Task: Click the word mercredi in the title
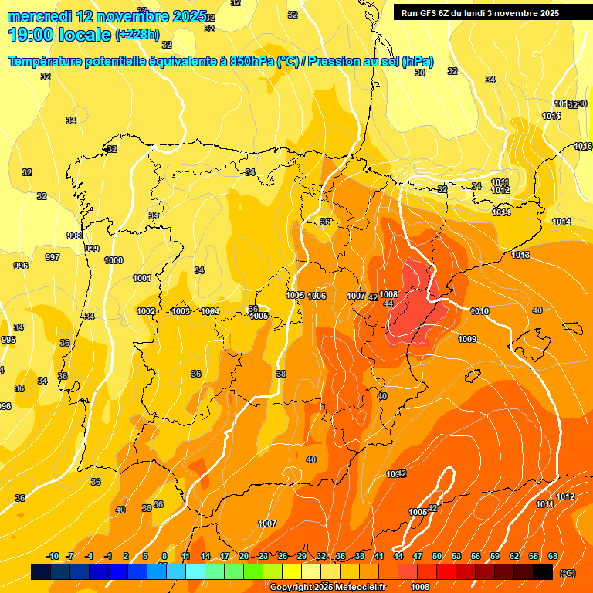[x=40, y=16]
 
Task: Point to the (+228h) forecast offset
[x=137, y=35]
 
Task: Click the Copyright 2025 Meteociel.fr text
[x=327, y=587]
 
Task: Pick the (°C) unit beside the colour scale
[x=568, y=573]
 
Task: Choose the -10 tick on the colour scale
[x=53, y=556]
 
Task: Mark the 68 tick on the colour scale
[x=553, y=556]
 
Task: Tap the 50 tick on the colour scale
[x=437, y=556]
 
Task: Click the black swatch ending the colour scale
[x=543, y=571]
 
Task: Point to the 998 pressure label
[x=74, y=236]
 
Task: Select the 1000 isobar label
[x=114, y=260]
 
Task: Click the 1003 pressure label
[x=181, y=311]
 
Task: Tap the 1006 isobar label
[x=317, y=296]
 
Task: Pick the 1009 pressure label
[x=467, y=339]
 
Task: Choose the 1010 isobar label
[x=479, y=311]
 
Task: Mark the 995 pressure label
[x=8, y=340]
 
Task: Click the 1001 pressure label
[x=142, y=278]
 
